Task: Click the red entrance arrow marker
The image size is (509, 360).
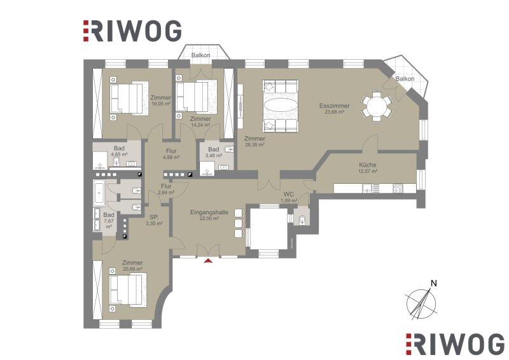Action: [x=209, y=260]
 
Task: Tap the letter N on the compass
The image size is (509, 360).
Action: [x=434, y=283]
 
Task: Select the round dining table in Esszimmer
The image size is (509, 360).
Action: [x=377, y=106]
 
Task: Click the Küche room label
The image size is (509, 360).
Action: [x=368, y=165]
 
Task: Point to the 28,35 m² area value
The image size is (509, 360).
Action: [x=255, y=145]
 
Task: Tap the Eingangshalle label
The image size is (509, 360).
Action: [x=209, y=212]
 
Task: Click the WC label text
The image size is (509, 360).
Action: [x=289, y=195]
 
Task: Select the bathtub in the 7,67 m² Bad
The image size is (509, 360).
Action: [x=99, y=194]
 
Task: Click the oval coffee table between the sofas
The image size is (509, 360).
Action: [x=280, y=106]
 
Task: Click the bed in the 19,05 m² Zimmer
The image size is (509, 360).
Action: [x=129, y=98]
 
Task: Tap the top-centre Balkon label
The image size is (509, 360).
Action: [x=200, y=55]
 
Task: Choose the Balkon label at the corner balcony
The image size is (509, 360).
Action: [x=405, y=79]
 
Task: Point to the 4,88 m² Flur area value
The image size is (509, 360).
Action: [x=171, y=157]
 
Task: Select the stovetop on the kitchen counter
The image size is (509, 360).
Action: [x=398, y=188]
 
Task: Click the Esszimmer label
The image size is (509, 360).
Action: [x=335, y=106]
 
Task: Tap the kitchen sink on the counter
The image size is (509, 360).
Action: [x=368, y=188]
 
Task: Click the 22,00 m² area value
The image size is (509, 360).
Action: [x=209, y=219]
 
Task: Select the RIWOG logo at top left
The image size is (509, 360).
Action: [x=132, y=31]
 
